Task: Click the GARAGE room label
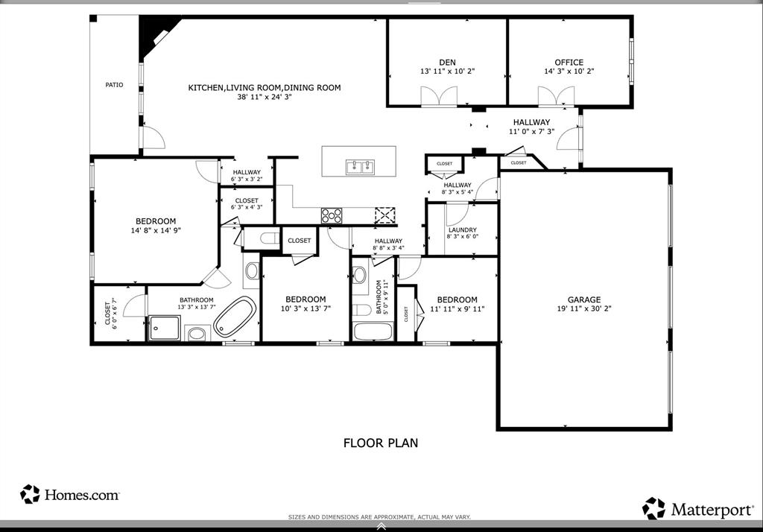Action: [x=583, y=300]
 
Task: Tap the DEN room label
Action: [x=447, y=63]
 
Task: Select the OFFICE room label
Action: [x=569, y=63]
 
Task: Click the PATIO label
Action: [x=114, y=85]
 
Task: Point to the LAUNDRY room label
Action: [x=462, y=230]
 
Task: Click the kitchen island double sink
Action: [x=358, y=167]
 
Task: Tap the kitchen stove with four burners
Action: [x=332, y=215]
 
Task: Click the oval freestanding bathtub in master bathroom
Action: [x=235, y=317]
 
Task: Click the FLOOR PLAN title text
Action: [x=380, y=443]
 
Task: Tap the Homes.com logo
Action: [x=70, y=494]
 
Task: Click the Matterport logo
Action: [x=698, y=510]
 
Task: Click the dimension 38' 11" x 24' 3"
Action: [x=264, y=97]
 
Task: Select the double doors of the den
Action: [x=438, y=97]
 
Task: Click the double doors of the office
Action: [x=557, y=97]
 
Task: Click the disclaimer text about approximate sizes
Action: [x=380, y=516]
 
